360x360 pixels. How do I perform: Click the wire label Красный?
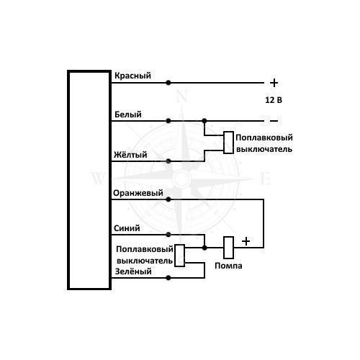(x=132, y=76)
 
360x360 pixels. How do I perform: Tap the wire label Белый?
(x=128, y=114)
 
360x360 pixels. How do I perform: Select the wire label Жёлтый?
(x=130, y=155)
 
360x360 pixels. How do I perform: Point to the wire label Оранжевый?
(x=138, y=193)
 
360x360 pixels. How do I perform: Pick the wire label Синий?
(x=127, y=228)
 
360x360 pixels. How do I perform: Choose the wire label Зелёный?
(x=133, y=271)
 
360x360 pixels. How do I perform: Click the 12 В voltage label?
(x=274, y=100)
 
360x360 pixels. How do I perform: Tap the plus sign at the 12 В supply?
(x=274, y=83)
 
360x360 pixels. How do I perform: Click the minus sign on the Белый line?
(x=274, y=121)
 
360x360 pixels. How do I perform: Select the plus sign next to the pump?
(x=246, y=241)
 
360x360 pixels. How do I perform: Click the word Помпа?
(x=228, y=266)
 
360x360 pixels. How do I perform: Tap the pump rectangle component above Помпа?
(x=229, y=248)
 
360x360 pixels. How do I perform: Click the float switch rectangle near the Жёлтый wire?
(x=229, y=143)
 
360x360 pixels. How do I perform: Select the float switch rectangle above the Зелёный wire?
(x=179, y=256)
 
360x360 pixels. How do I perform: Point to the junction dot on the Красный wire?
(x=168, y=83)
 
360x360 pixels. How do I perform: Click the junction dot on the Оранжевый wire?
(x=168, y=199)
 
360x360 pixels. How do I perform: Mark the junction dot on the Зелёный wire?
(x=168, y=278)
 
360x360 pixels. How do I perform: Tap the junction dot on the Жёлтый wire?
(x=168, y=161)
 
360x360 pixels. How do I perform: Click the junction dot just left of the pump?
(x=204, y=248)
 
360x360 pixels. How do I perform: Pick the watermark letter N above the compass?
(x=182, y=96)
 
